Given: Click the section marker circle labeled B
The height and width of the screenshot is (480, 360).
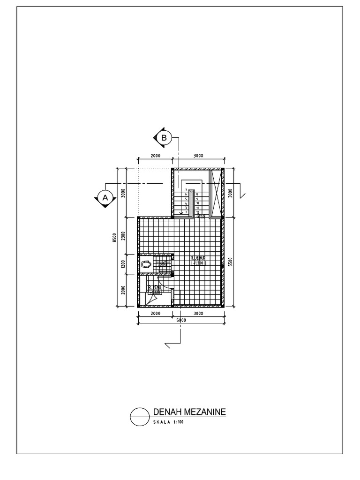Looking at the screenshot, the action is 164,138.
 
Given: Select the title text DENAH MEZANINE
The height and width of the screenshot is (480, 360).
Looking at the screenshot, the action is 189,412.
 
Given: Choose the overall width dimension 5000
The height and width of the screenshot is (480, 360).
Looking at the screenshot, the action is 180,321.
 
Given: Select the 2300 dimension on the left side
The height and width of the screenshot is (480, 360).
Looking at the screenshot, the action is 123,236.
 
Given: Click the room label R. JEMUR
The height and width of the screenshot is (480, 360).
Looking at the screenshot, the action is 198,258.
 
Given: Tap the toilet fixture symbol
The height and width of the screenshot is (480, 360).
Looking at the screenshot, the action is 145,265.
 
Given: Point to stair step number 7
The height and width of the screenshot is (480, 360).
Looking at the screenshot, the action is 187,189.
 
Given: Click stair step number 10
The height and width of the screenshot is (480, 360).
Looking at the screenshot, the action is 197,203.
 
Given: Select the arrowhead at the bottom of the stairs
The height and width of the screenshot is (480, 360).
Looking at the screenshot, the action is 181,213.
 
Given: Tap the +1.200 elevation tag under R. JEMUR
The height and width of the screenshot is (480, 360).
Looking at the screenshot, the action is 198,263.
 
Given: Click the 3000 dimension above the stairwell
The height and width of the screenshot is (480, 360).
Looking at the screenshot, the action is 198,156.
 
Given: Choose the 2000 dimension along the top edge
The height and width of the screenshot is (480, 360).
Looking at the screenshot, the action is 155,156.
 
